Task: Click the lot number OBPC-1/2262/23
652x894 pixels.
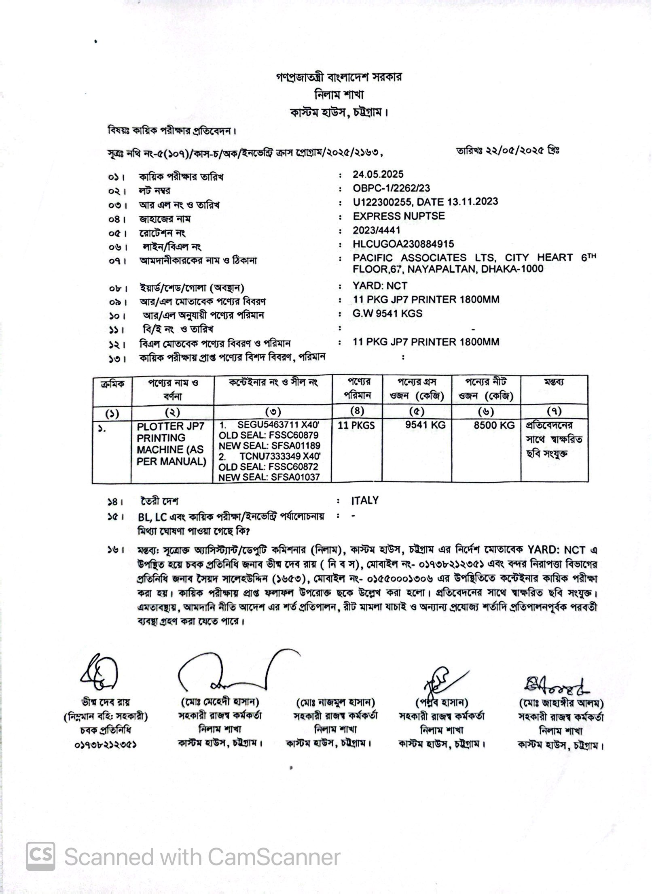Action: (x=391, y=188)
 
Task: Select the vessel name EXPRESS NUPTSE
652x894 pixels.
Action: (x=398, y=216)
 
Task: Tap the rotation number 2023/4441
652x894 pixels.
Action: (x=376, y=230)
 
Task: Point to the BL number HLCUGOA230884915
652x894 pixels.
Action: (x=403, y=244)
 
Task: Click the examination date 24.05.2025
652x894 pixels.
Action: (x=378, y=174)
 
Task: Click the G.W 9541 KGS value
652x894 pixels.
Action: (x=387, y=313)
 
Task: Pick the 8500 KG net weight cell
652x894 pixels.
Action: (x=494, y=425)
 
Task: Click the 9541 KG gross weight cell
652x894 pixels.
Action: (x=425, y=425)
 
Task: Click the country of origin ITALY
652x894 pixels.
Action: (x=364, y=500)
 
